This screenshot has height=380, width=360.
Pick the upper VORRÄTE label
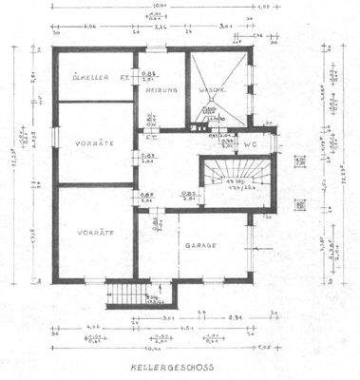[x=94, y=142]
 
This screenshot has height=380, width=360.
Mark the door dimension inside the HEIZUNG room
[x=150, y=75]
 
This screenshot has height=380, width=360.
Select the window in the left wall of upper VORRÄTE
[x=52, y=142]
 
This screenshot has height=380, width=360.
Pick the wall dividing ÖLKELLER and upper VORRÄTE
[x=93, y=102]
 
